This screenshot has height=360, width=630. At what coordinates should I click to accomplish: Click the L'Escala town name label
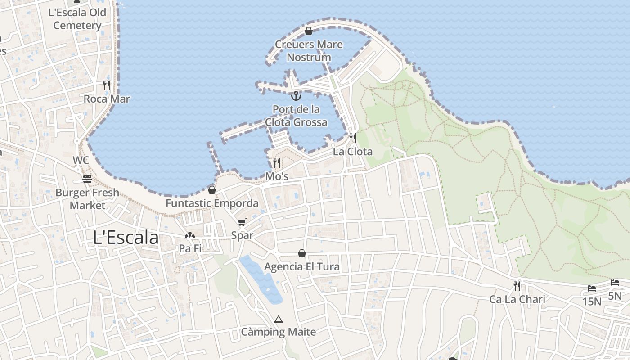tap(126, 238)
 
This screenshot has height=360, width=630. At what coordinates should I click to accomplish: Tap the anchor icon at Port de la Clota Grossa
tap(296, 96)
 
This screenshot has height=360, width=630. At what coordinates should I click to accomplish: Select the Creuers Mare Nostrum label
tap(309, 51)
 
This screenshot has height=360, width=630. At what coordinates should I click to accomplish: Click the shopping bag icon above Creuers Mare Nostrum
tap(309, 31)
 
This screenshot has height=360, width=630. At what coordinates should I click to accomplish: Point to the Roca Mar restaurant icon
tap(107, 85)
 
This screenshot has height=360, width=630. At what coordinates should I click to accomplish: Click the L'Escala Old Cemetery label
tap(77, 19)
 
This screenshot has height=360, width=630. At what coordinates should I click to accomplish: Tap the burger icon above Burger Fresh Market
tap(87, 179)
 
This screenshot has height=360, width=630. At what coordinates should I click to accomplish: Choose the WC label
tap(81, 161)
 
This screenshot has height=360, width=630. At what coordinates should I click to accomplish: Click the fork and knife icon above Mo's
tap(277, 162)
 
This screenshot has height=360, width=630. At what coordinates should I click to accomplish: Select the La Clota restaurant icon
tap(353, 138)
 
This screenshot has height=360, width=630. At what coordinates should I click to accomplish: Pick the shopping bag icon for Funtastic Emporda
tap(212, 190)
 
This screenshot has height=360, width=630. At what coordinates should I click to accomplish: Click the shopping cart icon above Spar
tap(242, 222)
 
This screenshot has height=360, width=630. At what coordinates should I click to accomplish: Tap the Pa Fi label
tap(190, 248)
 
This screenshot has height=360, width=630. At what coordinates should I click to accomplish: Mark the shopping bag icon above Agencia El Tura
tap(302, 254)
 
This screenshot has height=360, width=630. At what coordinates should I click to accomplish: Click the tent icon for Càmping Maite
tap(278, 319)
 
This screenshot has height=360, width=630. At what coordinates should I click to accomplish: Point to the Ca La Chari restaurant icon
tap(517, 286)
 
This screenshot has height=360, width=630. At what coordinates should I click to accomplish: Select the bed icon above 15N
tap(592, 288)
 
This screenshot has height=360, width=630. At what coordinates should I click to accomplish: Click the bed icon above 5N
tap(615, 283)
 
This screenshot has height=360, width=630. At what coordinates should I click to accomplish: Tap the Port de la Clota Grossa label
tap(296, 116)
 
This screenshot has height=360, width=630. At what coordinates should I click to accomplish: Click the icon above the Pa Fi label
tap(190, 235)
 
